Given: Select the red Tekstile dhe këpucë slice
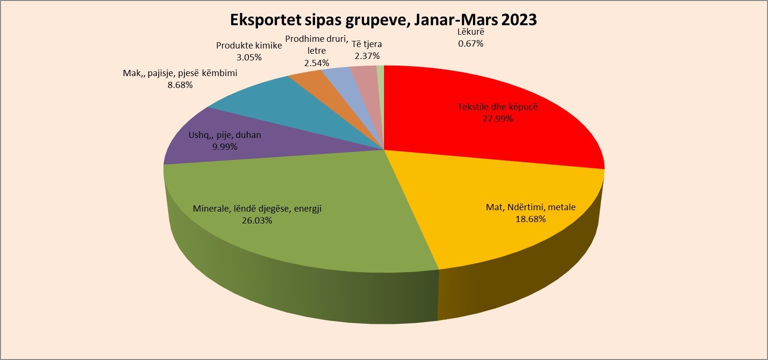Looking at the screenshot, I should click(476, 133).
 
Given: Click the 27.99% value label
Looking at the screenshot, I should click(498, 119).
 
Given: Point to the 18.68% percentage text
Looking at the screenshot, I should click(531, 219).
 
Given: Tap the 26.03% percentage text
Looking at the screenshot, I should click(257, 221).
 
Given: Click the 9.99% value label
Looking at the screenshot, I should click(225, 147).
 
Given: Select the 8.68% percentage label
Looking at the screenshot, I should click(180, 85).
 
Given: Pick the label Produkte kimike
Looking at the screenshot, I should click(249, 46).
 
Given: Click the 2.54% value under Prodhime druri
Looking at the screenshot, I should click(316, 63).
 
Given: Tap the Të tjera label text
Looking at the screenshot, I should click(367, 44).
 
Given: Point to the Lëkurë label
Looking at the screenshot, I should click(471, 32).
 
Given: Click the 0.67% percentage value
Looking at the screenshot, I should click(471, 44).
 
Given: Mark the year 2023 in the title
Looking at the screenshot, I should click(518, 20).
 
